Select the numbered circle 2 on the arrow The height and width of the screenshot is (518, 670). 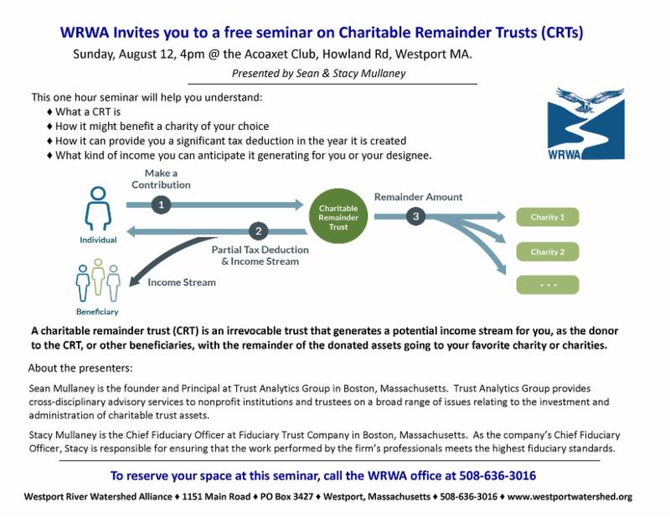[x=259, y=231]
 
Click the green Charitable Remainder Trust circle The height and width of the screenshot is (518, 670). [x=338, y=216]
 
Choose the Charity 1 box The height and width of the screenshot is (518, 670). [x=548, y=217]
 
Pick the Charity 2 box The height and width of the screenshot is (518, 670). [x=548, y=251]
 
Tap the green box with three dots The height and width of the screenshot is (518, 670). [x=548, y=284]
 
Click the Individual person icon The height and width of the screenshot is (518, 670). [x=98, y=210]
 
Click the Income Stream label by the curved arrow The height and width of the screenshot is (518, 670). [x=182, y=282]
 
